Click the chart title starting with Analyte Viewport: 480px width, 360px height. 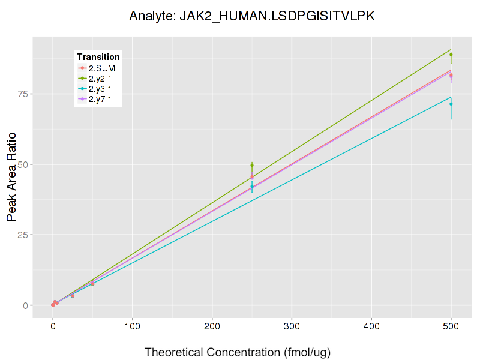pyautogui.click(x=252, y=16)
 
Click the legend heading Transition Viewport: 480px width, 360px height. pyautogui.click(x=98, y=57)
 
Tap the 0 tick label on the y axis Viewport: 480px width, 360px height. pyautogui.click(x=24, y=305)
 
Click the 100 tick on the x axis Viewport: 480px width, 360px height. pyautogui.click(x=133, y=326)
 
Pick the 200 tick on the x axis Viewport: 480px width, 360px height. pyautogui.click(x=212, y=326)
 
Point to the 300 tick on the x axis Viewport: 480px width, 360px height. pyautogui.click(x=292, y=326)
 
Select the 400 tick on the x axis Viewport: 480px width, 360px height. pyautogui.click(x=371, y=326)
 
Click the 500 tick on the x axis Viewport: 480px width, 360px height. pyautogui.click(x=451, y=326)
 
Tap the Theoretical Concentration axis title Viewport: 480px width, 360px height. pyautogui.click(x=238, y=352)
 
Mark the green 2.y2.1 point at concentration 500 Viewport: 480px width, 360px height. pyautogui.click(x=451, y=55)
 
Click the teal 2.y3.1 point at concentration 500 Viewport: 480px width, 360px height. pyautogui.click(x=451, y=104)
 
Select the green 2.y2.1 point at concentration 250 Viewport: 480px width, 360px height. pyautogui.click(x=252, y=165)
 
